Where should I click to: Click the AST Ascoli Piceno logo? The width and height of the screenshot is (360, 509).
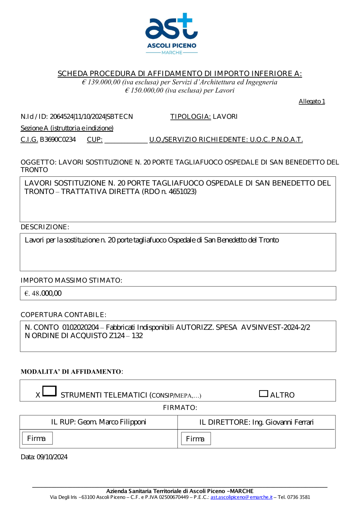[x=171, y=33]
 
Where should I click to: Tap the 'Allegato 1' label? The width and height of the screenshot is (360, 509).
[x=312, y=102]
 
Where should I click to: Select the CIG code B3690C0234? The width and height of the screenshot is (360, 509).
[x=58, y=140]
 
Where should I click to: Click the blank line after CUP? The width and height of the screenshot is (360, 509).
[x=126, y=140]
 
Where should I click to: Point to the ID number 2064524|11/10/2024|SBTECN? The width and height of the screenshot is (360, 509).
[x=91, y=117]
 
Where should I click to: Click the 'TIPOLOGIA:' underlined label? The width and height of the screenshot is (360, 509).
[x=190, y=117]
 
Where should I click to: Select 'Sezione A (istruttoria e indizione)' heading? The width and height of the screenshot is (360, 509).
[x=67, y=128]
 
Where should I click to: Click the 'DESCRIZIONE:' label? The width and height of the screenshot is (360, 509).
[x=45, y=227]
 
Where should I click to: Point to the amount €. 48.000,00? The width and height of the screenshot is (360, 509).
[x=43, y=293]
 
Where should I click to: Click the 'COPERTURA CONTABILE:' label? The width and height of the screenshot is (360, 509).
[x=63, y=315]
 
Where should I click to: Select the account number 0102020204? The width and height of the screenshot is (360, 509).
[x=80, y=328]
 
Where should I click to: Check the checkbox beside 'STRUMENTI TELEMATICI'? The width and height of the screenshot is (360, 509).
[x=50, y=391]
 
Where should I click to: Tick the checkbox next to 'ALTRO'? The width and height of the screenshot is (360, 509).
[x=264, y=394]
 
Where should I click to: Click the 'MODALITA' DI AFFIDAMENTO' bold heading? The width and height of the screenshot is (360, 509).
[x=71, y=372]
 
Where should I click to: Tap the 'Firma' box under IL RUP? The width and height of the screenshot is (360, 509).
[x=37, y=438]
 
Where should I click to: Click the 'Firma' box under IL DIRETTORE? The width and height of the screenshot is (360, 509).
[x=195, y=439]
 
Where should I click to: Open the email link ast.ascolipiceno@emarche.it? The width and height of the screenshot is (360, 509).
[x=241, y=497]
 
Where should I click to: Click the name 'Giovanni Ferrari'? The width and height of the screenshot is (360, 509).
[x=289, y=422]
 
